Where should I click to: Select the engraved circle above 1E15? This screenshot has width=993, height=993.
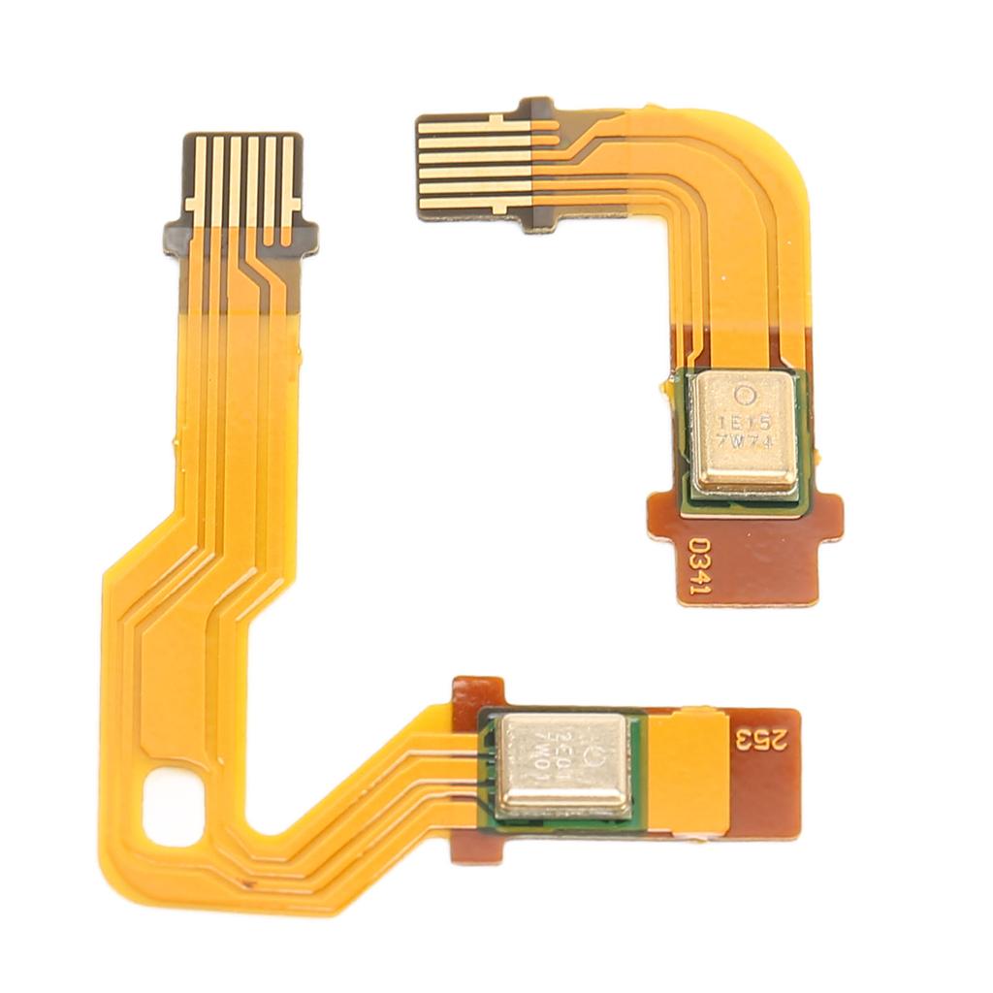[746, 395]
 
